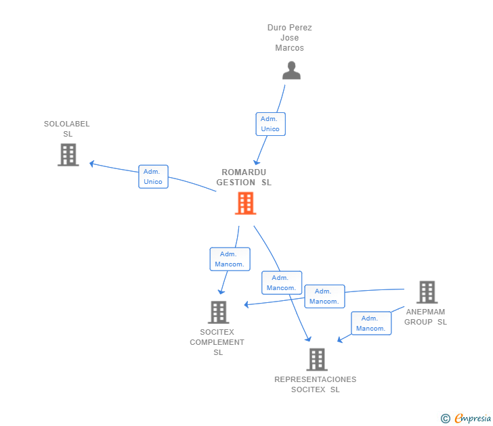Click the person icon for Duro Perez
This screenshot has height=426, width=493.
(x=291, y=70)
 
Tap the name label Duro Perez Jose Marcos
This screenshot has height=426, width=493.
(x=290, y=38)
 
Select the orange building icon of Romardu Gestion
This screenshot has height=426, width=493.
(x=246, y=204)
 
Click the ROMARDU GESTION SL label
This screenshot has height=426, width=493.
(x=244, y=177)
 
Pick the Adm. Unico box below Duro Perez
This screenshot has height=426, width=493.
(x=271, y=124)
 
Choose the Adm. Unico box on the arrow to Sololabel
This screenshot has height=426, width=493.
(x=154, y=176)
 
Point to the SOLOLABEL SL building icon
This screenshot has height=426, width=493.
(x=68, y=155)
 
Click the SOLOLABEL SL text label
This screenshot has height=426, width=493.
(x=67, y=128)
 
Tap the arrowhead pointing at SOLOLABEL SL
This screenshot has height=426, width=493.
(x=92, y=164)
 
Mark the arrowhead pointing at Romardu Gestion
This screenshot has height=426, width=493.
(x=257, y=162)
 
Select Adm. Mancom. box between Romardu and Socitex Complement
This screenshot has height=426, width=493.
(x=230, y=259)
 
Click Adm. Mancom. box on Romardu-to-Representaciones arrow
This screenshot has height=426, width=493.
(x=282, y=283)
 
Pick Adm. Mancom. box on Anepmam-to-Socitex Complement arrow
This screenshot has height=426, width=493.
(x=325, y=296)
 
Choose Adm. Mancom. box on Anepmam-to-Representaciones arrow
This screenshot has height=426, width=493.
(x=371, y=323)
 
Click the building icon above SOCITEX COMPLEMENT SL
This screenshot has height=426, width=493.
(x=219, y=312)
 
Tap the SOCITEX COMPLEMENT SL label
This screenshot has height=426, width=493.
(x=217, y=342)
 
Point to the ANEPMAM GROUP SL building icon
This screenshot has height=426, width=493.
(x=427, y=292)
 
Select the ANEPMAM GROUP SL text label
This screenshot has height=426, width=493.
(x=425, y=316)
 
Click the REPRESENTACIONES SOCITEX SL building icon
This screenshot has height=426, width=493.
(x=317, y=360)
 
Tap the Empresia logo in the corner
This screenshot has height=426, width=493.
(x=466, y=418)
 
